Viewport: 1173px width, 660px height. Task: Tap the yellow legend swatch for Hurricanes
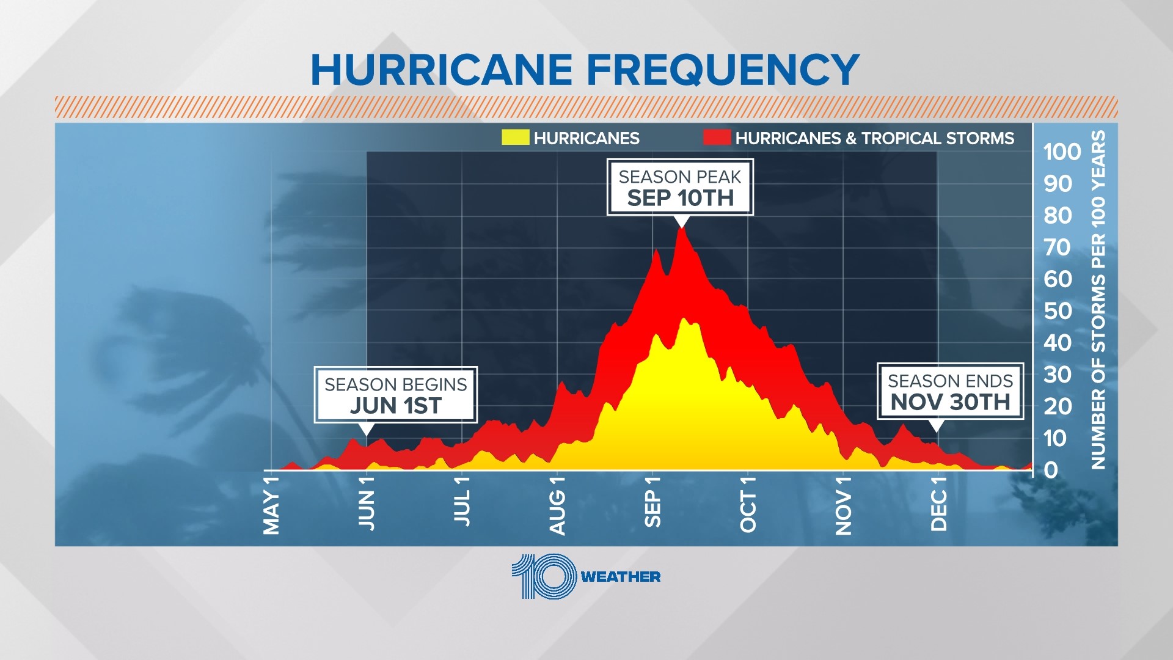click(x=515, y=137)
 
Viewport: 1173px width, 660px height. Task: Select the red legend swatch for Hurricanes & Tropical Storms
click(x=717, y=137)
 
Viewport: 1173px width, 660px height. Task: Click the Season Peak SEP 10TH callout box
click(x=680, y=187)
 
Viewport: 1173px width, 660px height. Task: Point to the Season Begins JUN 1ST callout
click(x=395, y=395)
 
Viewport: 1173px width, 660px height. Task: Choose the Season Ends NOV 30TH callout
click(x=950, y=391)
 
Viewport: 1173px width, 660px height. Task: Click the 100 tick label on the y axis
click(x=1062, y=152)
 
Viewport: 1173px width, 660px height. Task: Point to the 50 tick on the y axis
click(x=1058, y=311)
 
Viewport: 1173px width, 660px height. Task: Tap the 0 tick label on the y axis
click(x=1051, y=470)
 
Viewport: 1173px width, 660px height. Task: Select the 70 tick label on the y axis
click(x=1058, y=248)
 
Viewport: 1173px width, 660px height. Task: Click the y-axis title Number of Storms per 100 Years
click(x=1098, y=299)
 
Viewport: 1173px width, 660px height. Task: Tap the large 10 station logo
click(x=544, y=576)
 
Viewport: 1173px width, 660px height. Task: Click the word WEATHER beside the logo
click(x=620, y=577)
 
